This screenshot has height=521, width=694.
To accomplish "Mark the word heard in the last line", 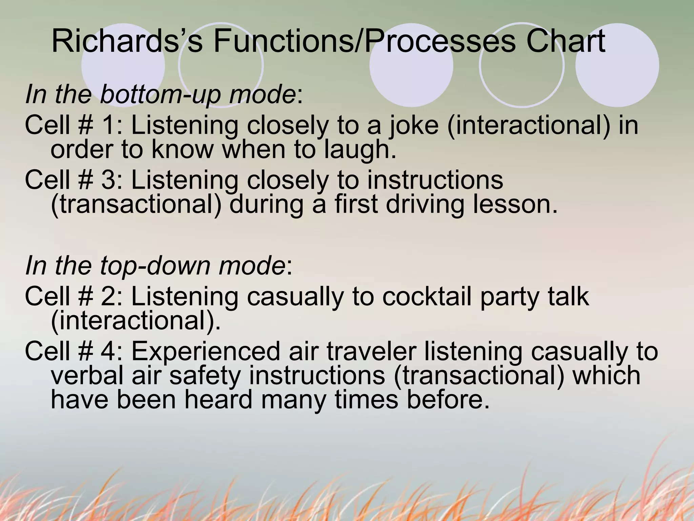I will pos(219,400).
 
